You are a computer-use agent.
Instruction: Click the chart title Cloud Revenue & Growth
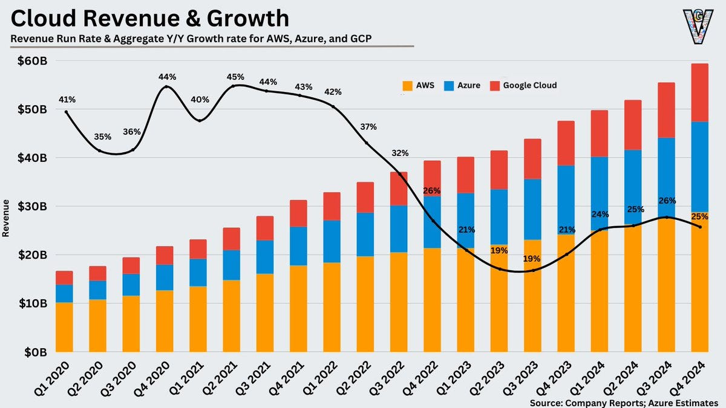pos(150,19)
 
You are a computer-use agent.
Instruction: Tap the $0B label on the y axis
pos(35,351)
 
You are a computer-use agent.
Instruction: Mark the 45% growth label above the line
pos(235,77)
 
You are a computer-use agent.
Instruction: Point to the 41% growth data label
pos(67,99)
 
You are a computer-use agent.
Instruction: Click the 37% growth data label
pos(368,127)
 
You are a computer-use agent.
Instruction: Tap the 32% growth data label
pos(400,153)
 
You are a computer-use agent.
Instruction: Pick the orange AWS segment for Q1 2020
pos(64,326)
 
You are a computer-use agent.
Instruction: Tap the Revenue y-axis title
pos(6,218)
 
